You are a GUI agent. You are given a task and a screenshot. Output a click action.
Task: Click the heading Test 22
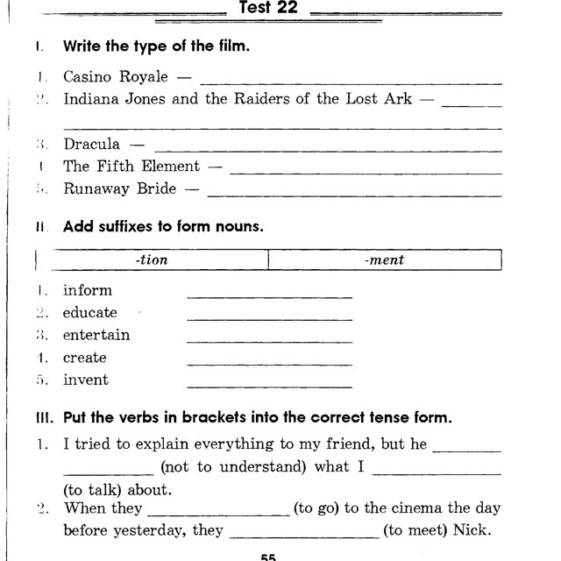(268, 10)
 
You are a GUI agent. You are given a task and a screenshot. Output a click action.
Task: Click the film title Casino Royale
(116, 77)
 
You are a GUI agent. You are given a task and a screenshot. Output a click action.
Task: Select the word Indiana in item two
(91, 99)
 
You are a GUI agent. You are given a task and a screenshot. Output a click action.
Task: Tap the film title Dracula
(91, 144)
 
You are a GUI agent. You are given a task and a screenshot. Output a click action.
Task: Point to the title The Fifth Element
(131, 166)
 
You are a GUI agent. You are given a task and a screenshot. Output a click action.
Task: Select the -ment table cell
(385, 260)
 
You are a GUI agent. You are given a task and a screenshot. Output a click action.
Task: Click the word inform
(88, 290)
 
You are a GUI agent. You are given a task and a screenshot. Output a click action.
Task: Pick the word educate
(89, 312)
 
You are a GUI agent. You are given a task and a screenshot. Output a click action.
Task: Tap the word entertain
(96, 335)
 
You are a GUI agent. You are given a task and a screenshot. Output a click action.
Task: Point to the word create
(84, 358)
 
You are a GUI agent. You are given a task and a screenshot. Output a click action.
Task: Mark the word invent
(86, 380)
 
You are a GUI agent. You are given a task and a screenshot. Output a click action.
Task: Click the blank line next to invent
(269, 385)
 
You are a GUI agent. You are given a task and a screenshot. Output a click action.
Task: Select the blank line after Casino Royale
(351, 82)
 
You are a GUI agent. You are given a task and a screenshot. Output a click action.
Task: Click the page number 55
(269, 556)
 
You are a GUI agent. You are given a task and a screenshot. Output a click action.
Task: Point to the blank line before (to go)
(218, 515)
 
